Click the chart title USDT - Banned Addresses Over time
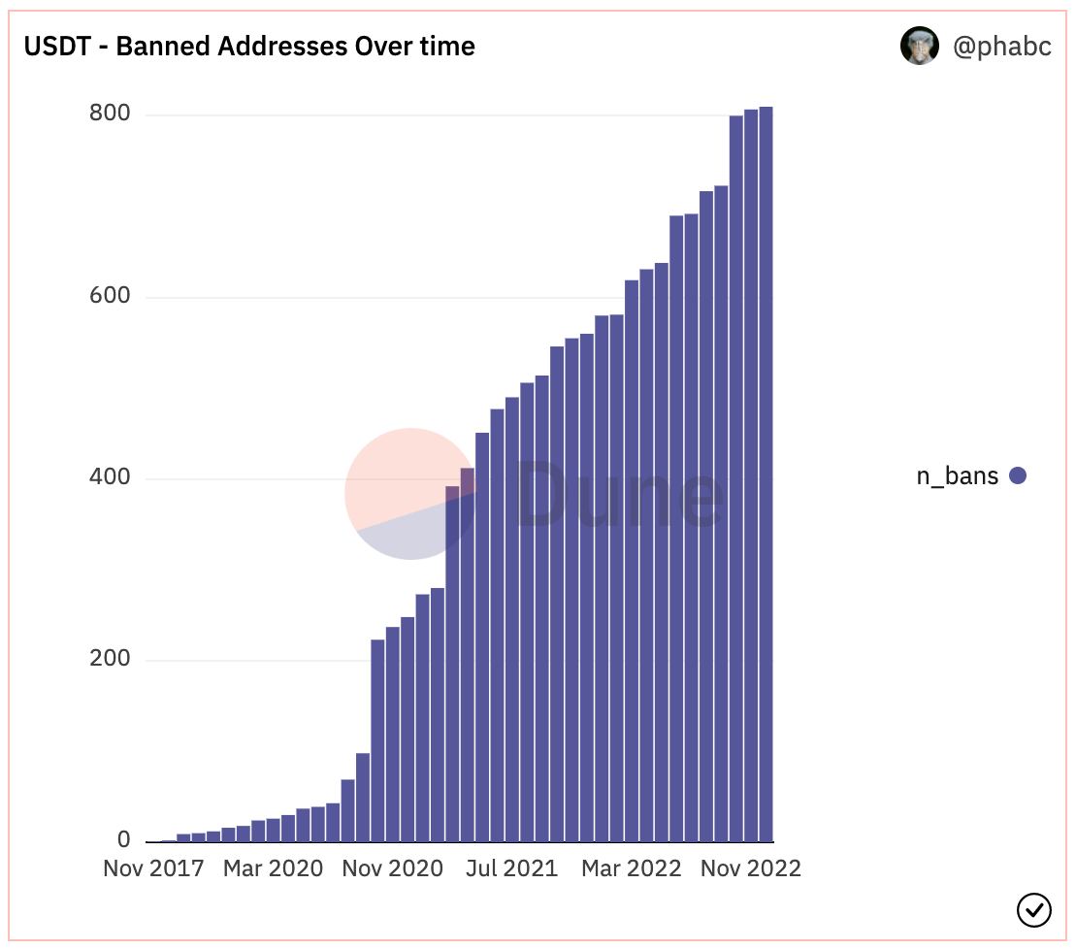(x=249, y=46)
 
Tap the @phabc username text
(x=1002, y=47)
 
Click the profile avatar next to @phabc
(x=919, y=46)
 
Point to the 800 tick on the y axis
(x=110, y=114)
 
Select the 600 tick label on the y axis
(x=110, y=296)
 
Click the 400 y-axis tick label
(x=110, y=477)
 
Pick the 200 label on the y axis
(x=110, y=659)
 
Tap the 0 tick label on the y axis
(x=123, y=840)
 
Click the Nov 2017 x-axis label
(x=153, y=867)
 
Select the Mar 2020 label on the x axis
(x=273, y=867)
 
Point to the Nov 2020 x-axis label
(x=392, y=867)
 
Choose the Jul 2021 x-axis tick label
(x=510, y=867)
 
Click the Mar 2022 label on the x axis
(x=631, y=867)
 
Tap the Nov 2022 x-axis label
(x=751, y=867)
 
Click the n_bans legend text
(x=957, y=475)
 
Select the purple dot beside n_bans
(x=1018, y=475)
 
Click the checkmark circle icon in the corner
(x=1033, y=909)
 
